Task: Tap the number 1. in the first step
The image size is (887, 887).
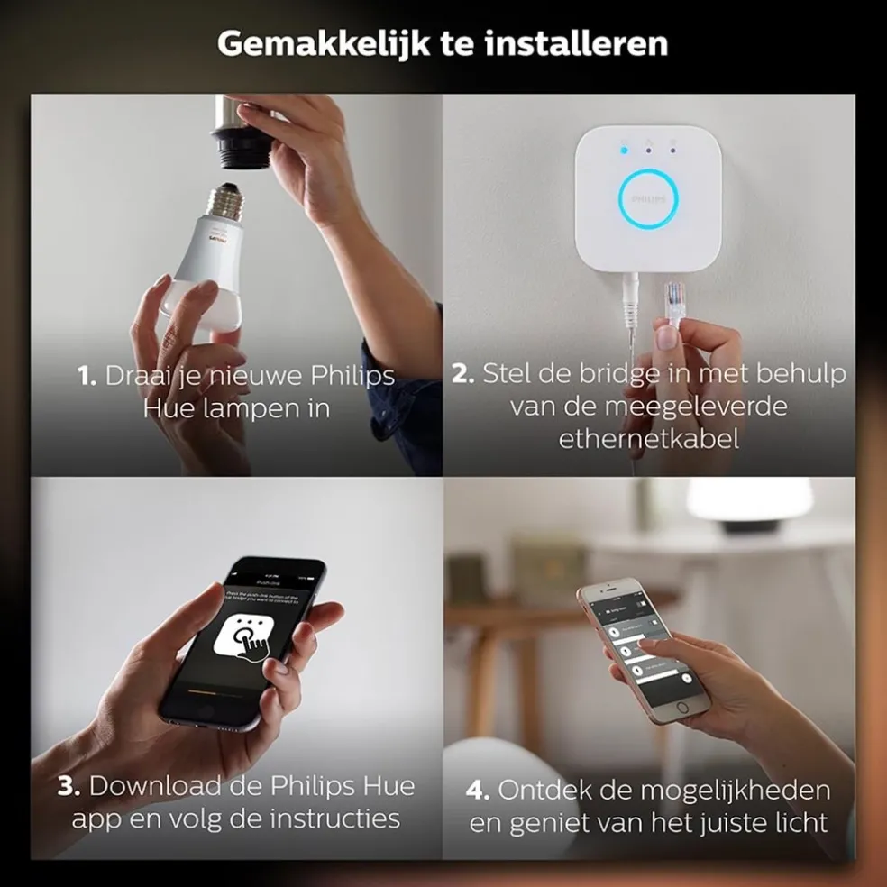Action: (87, 376)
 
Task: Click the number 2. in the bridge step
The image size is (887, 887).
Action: (463, 374)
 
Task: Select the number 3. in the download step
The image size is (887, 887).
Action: (69, 786)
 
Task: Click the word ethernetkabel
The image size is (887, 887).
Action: (649, 439)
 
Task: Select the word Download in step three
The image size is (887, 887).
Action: (156, 786)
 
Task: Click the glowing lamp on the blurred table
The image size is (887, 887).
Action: (750, 500)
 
